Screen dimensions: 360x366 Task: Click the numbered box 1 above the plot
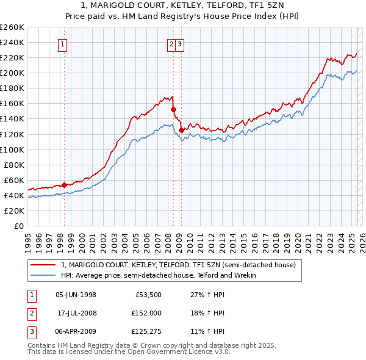[x=63, y=43]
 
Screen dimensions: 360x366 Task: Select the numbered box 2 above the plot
[x=172, y=43]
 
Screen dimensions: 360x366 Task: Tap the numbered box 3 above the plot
[x=181, y=43]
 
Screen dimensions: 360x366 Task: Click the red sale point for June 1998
[x=64, y=184]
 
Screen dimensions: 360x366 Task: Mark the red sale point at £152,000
[x=174, y=109]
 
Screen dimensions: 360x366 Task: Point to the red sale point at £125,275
[x=181, y=130]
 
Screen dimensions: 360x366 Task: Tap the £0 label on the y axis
[x=18, y=226]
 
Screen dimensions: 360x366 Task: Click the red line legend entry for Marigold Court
[x=178, y=265]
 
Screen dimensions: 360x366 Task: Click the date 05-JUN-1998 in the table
[x=76, y=295]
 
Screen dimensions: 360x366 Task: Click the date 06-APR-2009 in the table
[x=76, y=331]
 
